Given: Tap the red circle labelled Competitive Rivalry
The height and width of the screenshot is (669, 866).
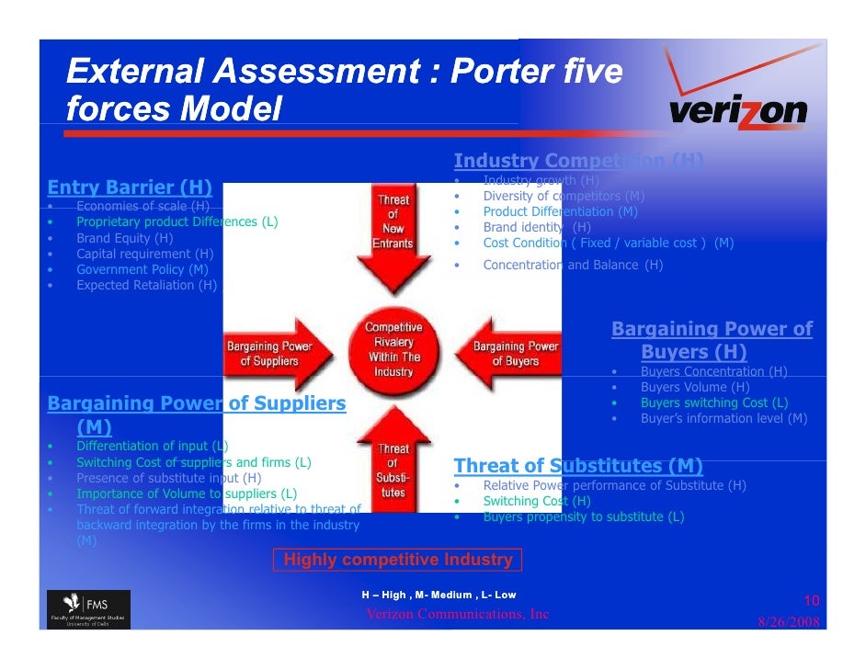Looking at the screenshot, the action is (x=393, y=349).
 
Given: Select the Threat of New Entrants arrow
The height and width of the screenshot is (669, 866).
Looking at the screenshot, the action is (x=393, y=234).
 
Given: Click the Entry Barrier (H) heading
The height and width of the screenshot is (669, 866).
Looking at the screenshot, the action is (x=130, y=188).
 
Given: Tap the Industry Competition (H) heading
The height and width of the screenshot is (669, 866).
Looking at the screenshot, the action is (x=578, y=162).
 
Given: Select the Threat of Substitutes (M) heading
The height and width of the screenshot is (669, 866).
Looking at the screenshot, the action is (x=578, y=465).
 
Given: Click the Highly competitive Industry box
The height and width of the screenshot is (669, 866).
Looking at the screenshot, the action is (x=398, y=560).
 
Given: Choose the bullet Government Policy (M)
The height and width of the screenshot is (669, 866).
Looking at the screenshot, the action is (x=142, y=269).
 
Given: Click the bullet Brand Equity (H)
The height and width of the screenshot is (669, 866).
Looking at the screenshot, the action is (x=124, y=238).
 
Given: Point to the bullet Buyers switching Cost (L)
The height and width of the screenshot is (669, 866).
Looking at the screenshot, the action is (x=713, y=403).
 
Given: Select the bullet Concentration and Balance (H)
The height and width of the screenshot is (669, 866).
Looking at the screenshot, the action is (x=572, y=265).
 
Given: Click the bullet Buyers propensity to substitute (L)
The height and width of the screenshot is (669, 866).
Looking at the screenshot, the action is (x=583, y=516).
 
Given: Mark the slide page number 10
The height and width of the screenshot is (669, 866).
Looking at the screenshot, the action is (x=812, y=601).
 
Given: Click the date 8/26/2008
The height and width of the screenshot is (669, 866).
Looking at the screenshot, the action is (x=789, y=622).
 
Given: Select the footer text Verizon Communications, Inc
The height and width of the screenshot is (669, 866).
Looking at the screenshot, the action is (x=457, y=614).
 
